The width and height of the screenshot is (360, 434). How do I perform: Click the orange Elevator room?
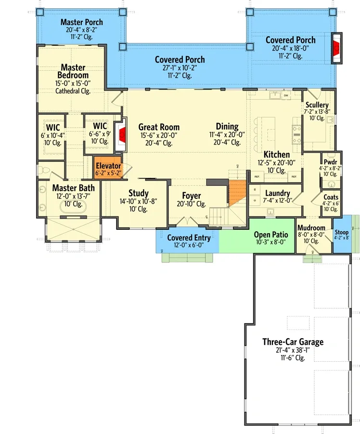pyautogui.click(x=108, y=170)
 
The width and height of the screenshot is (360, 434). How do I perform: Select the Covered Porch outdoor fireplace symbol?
pyautogui.click(x=336, y=48)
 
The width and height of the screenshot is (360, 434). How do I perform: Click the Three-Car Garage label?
pyautogui.click(x=293, y=342)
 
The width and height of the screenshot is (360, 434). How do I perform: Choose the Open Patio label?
pyautogui.click(x=270, y=235)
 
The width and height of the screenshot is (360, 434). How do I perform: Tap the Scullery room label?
pyautogui.click(x=317, y=105)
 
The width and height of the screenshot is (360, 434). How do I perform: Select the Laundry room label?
pyautogui.click(x=278, y=193)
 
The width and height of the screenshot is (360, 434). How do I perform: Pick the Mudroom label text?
pyautogui.click(x=311, y=228)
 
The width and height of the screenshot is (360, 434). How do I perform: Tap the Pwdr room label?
pyautogui.click(x=330, y=162)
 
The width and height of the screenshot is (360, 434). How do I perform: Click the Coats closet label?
pyautogui.click(x=331, y=197)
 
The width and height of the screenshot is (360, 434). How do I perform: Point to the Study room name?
pyautogui.click(x=139, y=193)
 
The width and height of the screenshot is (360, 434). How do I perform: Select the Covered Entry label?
pyautogui.click(x=185, y=238)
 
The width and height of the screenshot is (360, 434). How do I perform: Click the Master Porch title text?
pyautogui.click(x=81, y=22)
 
